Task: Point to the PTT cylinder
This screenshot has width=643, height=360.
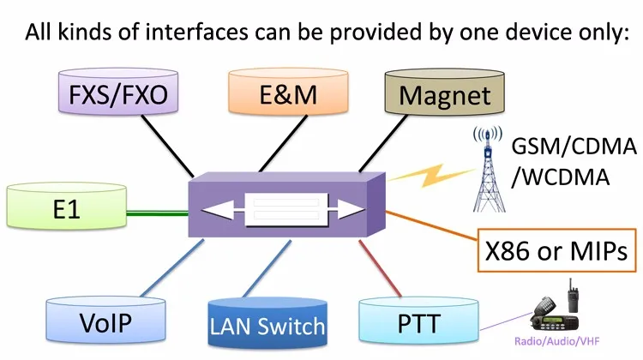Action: [418, 324]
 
